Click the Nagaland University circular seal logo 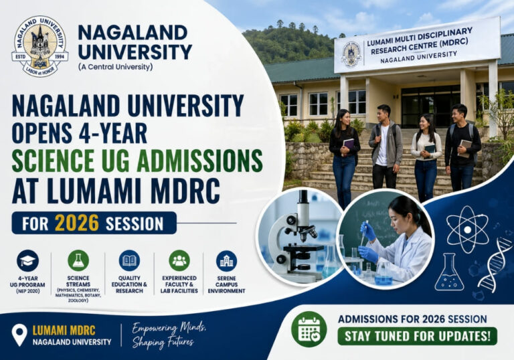click(x=39, y=46)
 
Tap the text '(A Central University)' click(x=115, y=67)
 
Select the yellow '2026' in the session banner click(x=76, y=223)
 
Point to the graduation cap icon click(x=27, y=260)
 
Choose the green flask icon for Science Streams click(x=78, y=260)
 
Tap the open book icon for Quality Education click(x=129, y=260)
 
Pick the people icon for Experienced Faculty click(x=179, y=260)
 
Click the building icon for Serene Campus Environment click(x=226, y=260)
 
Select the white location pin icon click(x=19, y=335)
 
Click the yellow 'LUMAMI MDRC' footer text click(x=64, y=330)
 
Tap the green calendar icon click(x=309, y=329)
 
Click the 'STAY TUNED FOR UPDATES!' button click(x=416, y=336)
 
